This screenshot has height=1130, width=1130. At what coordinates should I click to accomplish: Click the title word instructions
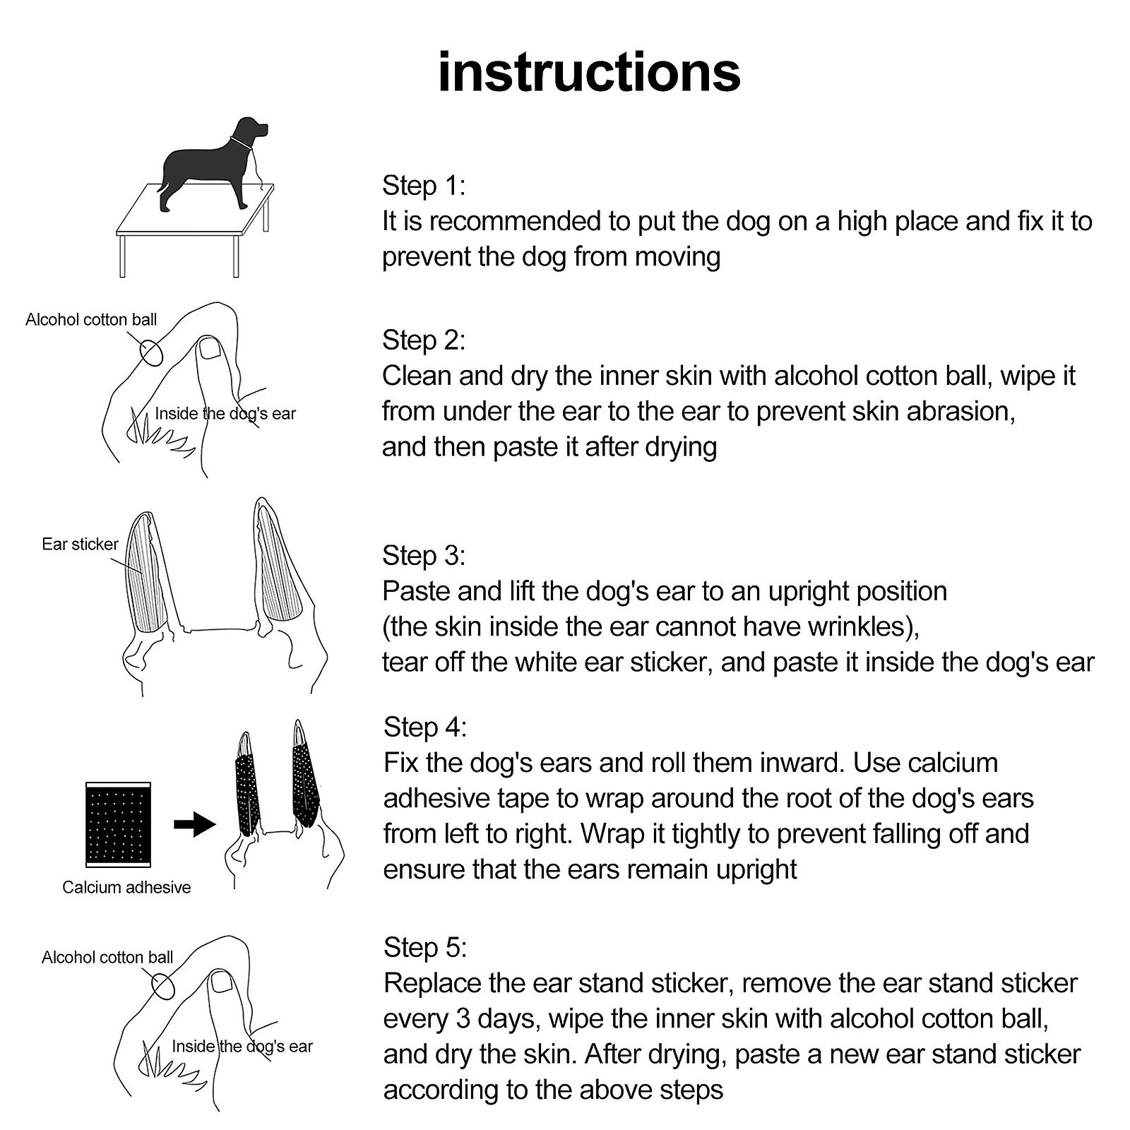[x=589, y=72]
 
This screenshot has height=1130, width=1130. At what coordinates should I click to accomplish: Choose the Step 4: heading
[x=424, y=727]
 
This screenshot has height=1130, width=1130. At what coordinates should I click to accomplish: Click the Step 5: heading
[x=424, y=948]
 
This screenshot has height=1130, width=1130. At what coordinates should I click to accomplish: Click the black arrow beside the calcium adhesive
[x=194, y=824]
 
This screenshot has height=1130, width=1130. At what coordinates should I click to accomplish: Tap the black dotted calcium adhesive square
[x=118, y=824]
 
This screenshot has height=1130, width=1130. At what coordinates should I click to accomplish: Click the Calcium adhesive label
[x=126, y=888]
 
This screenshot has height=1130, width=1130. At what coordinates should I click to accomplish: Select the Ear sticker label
[x=80, y=545]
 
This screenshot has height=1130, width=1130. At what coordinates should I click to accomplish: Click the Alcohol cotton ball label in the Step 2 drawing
[x=91, y=320]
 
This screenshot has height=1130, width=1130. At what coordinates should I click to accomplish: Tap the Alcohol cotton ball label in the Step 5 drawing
[x=107, y=958]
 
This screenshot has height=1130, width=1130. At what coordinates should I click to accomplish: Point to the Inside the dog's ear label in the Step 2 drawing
[x=225, y=414]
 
